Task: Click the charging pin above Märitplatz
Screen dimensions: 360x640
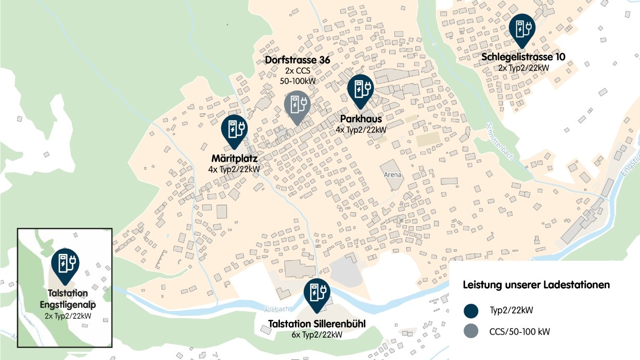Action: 235,130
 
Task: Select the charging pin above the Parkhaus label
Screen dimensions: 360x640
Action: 361,89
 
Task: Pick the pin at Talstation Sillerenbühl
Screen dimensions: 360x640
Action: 316,294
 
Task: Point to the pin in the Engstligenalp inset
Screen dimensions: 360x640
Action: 66,263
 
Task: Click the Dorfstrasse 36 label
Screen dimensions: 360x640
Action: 297,60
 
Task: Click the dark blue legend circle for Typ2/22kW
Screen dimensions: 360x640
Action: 471,311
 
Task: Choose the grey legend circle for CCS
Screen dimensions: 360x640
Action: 471,331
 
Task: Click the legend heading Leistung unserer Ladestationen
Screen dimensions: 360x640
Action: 536,285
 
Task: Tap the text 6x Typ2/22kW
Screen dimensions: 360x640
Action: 316,335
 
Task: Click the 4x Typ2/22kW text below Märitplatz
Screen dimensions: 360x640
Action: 234,170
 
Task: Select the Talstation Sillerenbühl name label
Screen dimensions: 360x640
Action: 316,324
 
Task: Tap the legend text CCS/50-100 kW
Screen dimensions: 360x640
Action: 519,331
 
